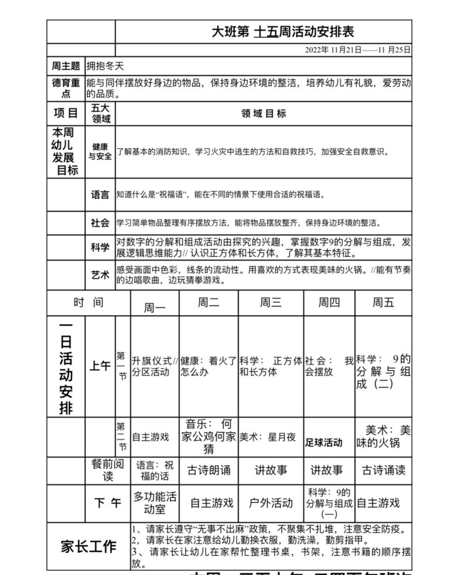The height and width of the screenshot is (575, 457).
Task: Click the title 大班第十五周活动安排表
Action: [283, 32]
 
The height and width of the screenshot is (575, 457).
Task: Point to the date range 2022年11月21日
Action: [358, 50]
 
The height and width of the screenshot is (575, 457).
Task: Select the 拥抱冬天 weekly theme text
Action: [106, 65]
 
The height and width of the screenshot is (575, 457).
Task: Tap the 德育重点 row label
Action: [66, 88]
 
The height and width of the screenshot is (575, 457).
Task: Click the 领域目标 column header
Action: [263, 113]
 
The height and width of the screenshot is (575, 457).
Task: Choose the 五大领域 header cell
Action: [100, 113]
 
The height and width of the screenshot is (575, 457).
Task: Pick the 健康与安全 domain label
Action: [100, 151]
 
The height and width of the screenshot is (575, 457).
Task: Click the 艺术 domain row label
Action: [100, 275]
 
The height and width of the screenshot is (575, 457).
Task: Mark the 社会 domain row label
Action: [100, 223]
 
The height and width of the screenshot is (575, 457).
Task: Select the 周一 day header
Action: [155, 307]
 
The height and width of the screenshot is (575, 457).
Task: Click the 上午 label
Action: [100, 366]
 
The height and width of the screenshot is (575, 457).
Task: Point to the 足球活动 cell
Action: [323, 442]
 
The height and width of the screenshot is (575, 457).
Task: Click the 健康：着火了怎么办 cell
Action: [208, 366]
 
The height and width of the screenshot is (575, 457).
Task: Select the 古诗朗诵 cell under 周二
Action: [209, 470]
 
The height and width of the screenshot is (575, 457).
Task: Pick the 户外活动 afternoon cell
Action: [271, 503]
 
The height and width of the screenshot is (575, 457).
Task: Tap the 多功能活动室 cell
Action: [155, 503]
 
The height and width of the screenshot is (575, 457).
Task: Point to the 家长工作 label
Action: [89, 547]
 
